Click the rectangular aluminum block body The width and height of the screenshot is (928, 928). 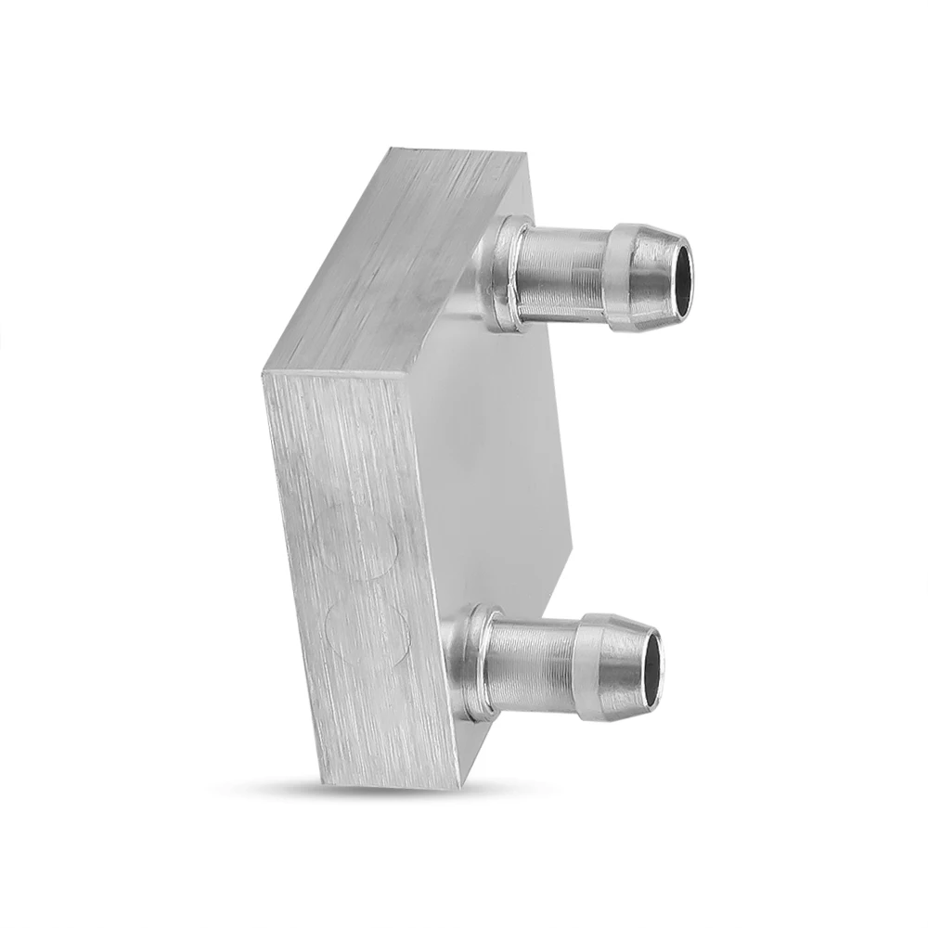click(x=371, y=464)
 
